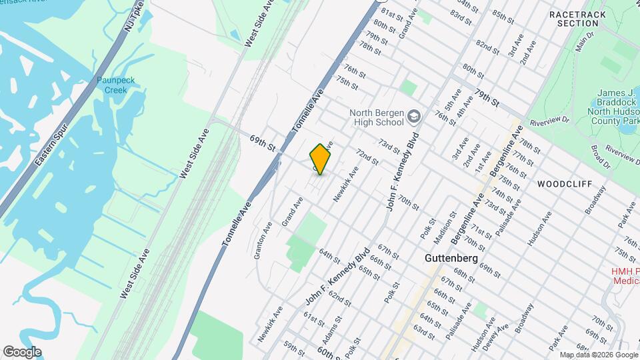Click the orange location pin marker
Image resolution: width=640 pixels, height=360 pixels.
pos(321,159)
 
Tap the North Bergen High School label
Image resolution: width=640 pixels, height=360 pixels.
pos(377,117)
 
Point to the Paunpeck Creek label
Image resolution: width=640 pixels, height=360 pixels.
pos(115,85)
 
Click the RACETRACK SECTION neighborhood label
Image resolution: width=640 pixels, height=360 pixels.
pos(573,18)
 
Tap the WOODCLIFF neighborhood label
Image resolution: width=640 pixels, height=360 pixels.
pos(564,183)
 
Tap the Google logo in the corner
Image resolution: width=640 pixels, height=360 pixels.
pos(22,351)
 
